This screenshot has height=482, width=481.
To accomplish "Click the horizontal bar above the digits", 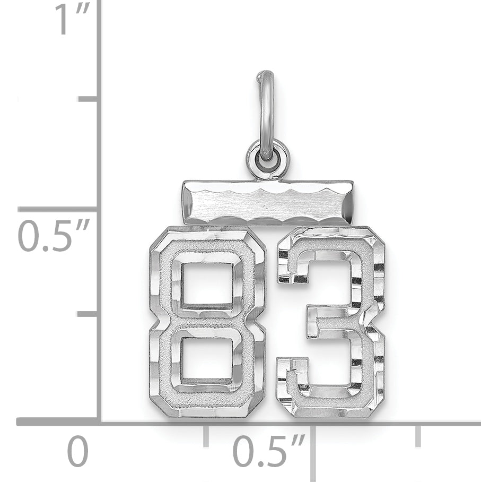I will [x=267, y=202].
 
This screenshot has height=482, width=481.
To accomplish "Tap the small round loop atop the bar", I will [x=268, y=159].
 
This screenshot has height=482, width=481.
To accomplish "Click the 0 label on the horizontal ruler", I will [x=77, y=451].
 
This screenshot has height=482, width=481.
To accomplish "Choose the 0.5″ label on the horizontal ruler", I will [x=268, y=451].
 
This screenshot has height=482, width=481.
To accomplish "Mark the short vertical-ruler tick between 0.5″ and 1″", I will [x=88, y=99].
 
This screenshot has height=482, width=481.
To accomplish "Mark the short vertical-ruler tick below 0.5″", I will [x=88, y=314].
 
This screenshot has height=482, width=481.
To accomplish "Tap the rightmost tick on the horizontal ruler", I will [x=418, y=435].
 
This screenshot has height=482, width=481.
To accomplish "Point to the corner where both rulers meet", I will [x=99, y=422].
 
